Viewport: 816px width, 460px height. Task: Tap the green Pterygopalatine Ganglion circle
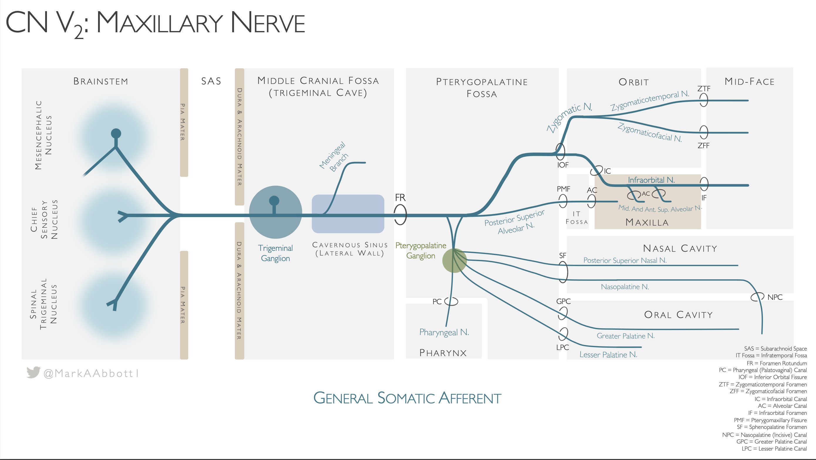455,261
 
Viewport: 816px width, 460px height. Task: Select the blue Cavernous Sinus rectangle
348,214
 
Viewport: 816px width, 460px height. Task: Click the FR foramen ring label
400,197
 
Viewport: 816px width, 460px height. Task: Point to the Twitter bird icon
33,372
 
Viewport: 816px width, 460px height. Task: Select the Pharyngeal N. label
444,332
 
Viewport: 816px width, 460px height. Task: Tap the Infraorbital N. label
651,180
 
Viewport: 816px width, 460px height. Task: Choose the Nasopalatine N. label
625,287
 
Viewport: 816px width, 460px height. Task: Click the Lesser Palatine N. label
608,355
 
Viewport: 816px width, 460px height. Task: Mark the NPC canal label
775,297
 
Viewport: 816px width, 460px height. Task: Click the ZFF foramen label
703,146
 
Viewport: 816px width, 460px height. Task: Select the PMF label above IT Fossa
563,189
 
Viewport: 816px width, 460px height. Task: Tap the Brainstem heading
101,81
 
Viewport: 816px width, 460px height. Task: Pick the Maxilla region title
647,222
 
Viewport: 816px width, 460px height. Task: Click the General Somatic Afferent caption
407,398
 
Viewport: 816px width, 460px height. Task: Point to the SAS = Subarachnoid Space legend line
775,349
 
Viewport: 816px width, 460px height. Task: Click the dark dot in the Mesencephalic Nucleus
116,133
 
